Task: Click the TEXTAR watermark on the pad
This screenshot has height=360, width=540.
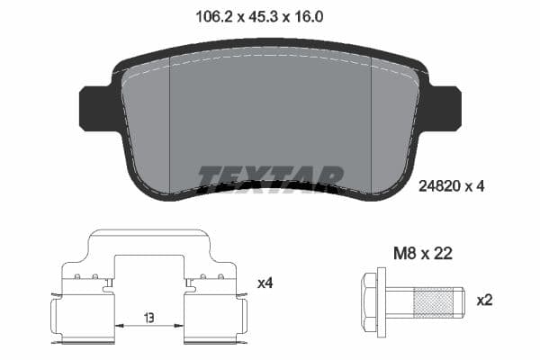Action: pos(270,176)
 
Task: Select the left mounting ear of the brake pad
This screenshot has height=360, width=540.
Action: pos(95,108)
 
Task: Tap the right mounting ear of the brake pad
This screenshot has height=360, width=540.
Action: pos(445,108)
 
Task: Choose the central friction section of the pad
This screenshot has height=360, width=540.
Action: pos(270,117)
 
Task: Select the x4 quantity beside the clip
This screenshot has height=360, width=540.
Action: pos(265,283)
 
